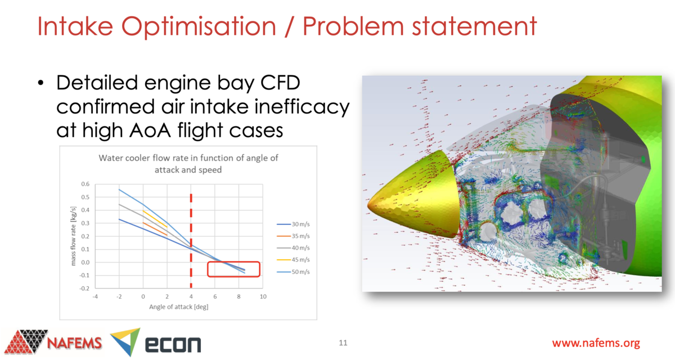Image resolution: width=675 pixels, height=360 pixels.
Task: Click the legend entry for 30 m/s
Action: pos(294,224)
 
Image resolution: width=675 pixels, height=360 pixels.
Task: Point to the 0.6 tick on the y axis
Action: pos(84,184)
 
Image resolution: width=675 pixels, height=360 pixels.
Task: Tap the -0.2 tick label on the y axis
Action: pos(83,288)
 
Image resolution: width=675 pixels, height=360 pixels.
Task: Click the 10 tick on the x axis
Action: pos(262,297)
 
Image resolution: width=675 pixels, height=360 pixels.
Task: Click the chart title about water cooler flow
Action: pos(188,163)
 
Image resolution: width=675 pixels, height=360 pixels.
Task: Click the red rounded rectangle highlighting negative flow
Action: pos(233,269)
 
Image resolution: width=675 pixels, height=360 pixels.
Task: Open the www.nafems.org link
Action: pos(596,343)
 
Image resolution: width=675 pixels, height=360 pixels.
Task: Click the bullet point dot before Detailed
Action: pos(40,84)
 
